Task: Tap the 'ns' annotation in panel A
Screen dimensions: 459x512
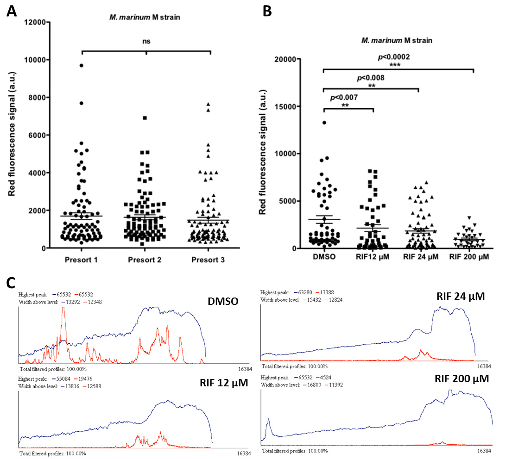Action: tap(146, 42)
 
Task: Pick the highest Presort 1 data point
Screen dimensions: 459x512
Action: tap(81, 66)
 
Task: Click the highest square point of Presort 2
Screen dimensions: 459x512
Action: tap(145, 118)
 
